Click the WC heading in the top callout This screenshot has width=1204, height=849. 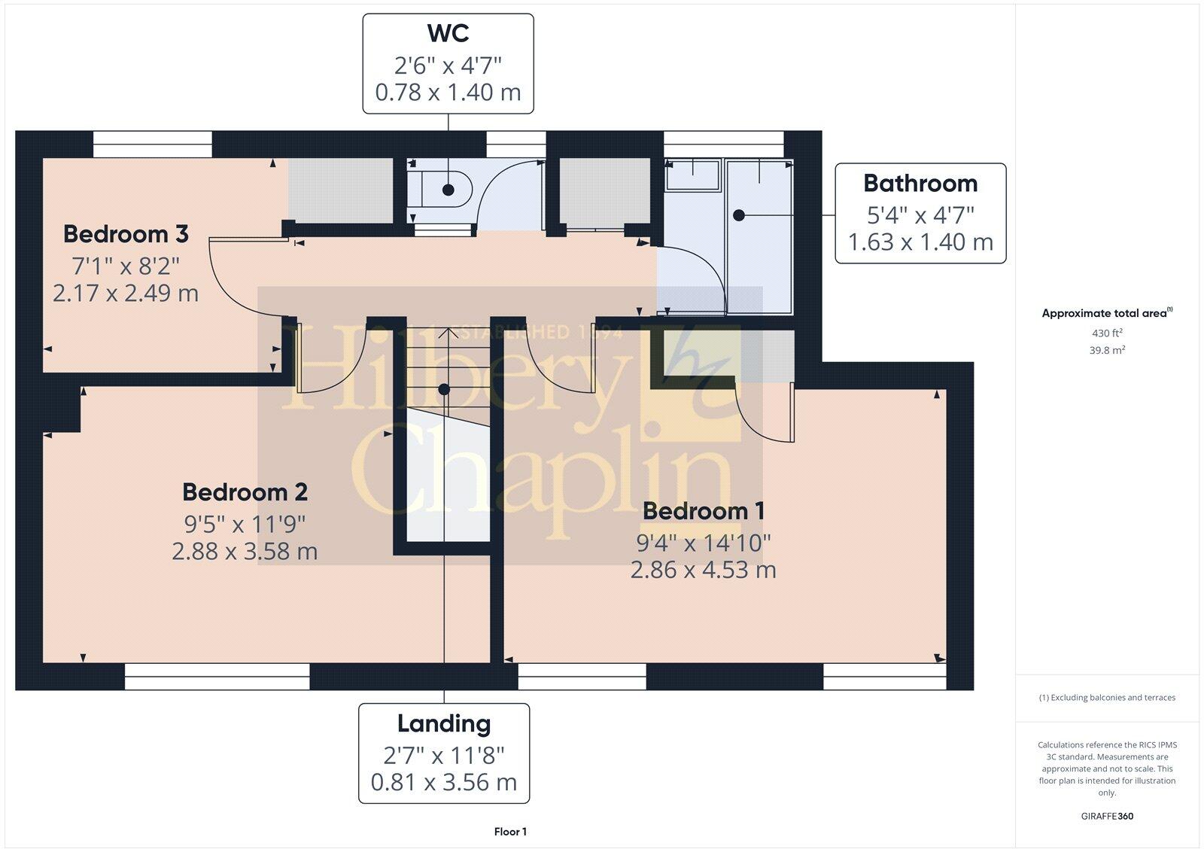tap(448, 34)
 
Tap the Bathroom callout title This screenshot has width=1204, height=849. tap(920, 184)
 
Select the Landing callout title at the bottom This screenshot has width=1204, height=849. tap(444, 724)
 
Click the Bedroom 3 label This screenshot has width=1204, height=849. tap(126, 234)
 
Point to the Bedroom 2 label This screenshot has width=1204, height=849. tap(245, 492)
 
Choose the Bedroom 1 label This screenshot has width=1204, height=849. tap(704, 511)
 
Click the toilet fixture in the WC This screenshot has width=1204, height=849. tap(440, 190)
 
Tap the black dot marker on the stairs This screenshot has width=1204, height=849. tap(444, 389)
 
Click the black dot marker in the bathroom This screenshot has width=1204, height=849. tap(739, 215)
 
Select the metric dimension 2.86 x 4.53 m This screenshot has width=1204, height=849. tap(703, 570)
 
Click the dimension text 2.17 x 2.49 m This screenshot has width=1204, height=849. tap(126, 293)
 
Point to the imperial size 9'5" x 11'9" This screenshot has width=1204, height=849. tap(245, 522)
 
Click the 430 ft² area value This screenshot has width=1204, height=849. tap(1107, 333)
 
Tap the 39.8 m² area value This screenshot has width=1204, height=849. tap(1107, 350)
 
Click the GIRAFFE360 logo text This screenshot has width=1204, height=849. tap(1107, 816)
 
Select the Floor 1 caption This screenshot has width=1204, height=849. tap(510, 832)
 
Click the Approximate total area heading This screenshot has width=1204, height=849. tap(1105, 313)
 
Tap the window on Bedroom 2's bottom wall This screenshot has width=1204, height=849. tap(217, 676)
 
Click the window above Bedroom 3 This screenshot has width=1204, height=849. tap(153, 144)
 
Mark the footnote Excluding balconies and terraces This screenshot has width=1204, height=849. tap(1107, 698)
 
